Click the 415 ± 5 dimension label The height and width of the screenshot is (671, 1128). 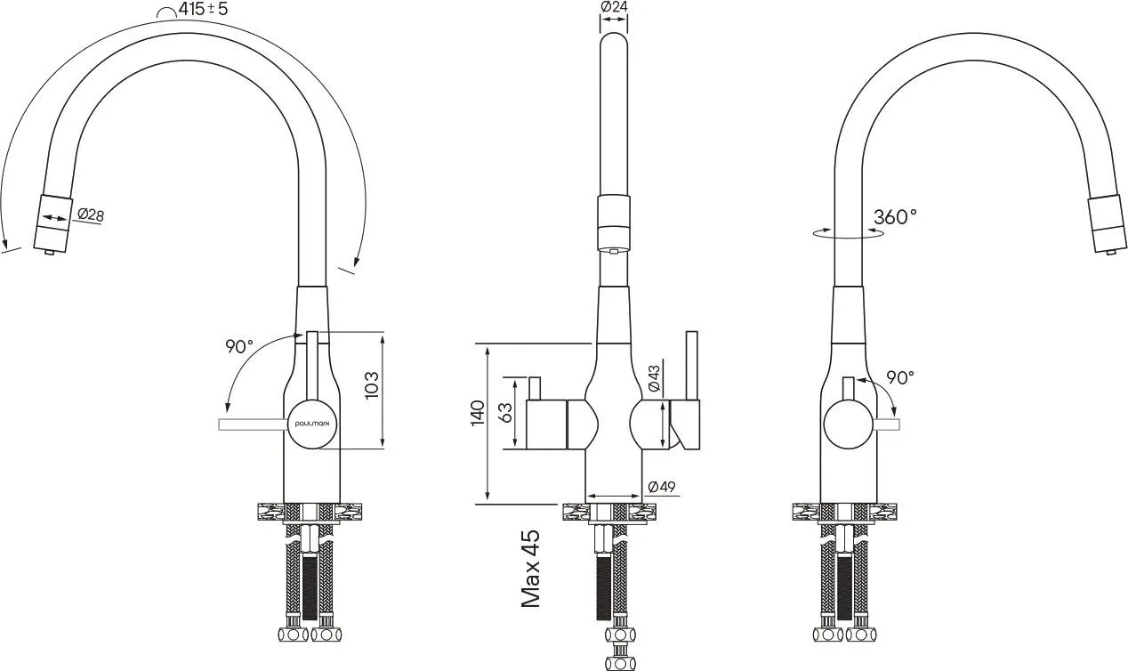[203, 9]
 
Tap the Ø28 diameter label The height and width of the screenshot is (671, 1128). [91, 214]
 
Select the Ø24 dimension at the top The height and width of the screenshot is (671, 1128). [614, 6]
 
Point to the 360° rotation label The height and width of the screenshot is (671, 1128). [895, 216]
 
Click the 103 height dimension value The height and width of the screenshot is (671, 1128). [372, 385]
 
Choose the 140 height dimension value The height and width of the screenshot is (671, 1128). [478, 413]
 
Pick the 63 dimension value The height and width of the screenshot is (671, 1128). [506, 413]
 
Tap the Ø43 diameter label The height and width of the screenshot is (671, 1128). [654, 378]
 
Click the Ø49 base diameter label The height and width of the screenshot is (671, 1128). [662, 487]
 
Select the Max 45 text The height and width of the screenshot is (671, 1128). [531, 569]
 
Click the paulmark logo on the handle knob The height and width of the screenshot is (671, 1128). [312, 424]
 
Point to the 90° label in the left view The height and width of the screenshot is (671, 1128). [239, 346]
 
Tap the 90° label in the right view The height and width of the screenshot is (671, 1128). [900, 377]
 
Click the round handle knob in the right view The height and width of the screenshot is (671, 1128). [849, 424]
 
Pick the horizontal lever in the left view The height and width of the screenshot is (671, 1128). [254, 424]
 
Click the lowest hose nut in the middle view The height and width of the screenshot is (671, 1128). [620, 663]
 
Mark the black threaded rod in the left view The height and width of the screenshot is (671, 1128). [310, 586]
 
